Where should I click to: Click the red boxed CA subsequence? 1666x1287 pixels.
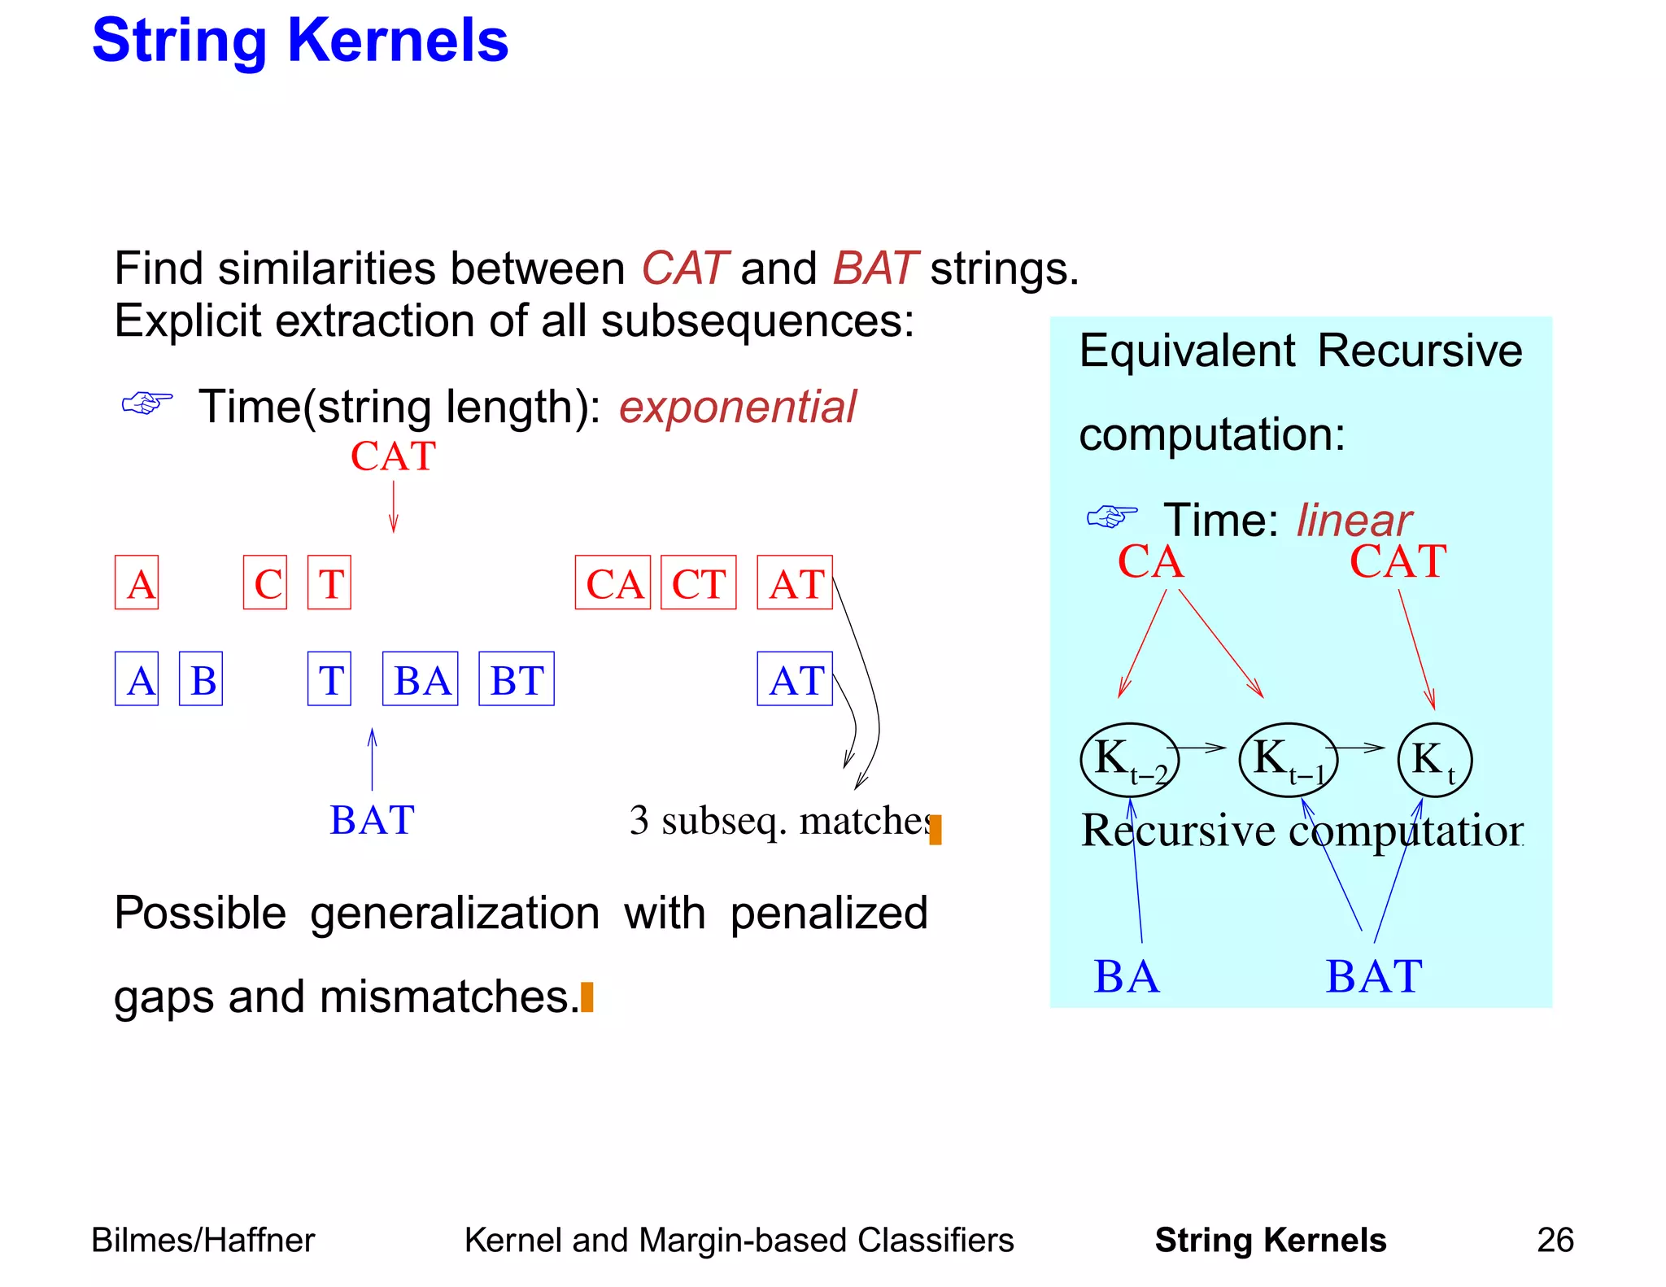[613, 582]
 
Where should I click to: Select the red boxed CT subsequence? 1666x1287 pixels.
[698, 582]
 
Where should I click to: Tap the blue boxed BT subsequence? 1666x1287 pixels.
[516, 678]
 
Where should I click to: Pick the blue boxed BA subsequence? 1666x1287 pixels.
[420, 678]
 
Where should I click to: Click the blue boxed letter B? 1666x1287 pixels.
[201, 678]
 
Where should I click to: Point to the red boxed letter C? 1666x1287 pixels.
[265, 582]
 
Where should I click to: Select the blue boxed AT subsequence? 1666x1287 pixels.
[795, 678]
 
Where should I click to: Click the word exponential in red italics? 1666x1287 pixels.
[737, 407]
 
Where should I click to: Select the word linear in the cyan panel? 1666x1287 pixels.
[1354, 520]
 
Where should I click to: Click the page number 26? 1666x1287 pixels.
[1555, 1240]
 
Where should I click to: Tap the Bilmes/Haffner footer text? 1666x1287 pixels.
[203, 1240]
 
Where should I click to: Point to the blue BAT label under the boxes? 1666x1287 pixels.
[372, 820]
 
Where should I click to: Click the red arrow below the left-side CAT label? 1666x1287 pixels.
[394, 507]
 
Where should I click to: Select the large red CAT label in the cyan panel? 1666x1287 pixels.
[1398, 561]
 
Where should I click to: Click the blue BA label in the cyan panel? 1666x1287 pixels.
[1126, 976]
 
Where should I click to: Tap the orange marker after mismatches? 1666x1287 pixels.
[587, 997]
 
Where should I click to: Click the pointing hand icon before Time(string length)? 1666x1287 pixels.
[146, 403]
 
